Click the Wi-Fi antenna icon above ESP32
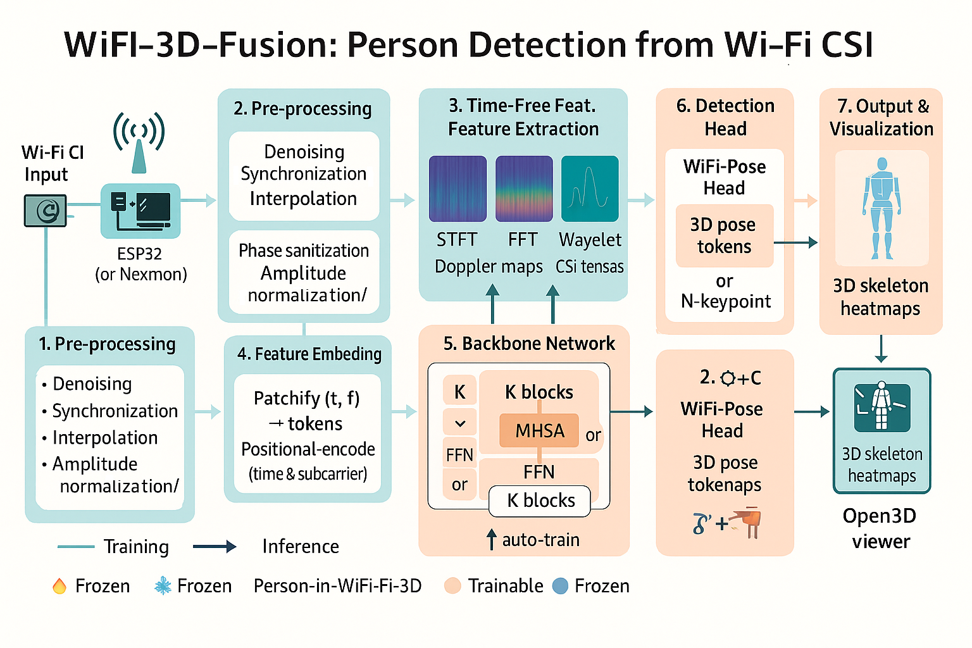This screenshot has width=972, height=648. pos(139,142)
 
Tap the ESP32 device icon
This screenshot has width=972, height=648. pos(140,211)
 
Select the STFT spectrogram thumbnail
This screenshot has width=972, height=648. pos(458,189)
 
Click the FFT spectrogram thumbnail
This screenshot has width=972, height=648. pos(523,189)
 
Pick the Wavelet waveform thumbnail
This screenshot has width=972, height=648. pos(590,189)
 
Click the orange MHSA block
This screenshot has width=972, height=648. pos(539,430)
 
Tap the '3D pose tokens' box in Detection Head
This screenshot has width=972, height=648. pos(724,235)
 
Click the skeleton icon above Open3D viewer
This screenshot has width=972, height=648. pos(882,407)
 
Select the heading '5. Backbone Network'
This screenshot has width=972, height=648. pos(529,344)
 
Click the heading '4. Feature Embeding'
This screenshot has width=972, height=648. pos(309,354)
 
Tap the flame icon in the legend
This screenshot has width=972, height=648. pos(59,586)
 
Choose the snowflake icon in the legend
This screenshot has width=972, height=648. pos(163,586)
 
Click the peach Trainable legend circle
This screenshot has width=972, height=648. pos(452,586)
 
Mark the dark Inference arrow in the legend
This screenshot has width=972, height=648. pos(215,547)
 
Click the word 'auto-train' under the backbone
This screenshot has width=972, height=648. pos(540,540)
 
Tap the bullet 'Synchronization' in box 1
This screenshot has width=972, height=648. pos(115,411)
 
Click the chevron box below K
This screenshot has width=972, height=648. pos(460,423)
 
